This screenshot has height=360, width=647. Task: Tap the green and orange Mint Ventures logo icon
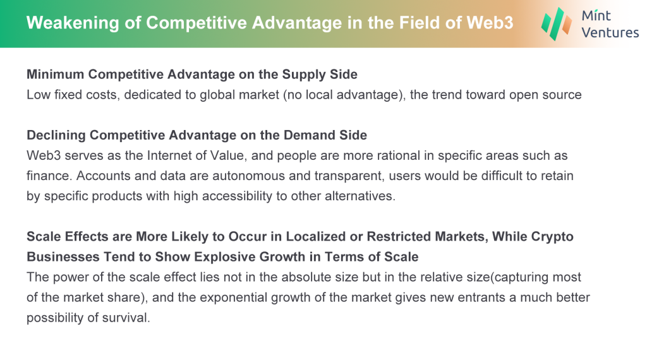(556, 24)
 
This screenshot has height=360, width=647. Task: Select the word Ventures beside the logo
(610, 33)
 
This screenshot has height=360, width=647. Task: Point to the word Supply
(298, 75)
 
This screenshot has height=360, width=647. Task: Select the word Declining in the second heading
(56, 135)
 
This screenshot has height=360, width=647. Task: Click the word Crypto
(552, 237)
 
